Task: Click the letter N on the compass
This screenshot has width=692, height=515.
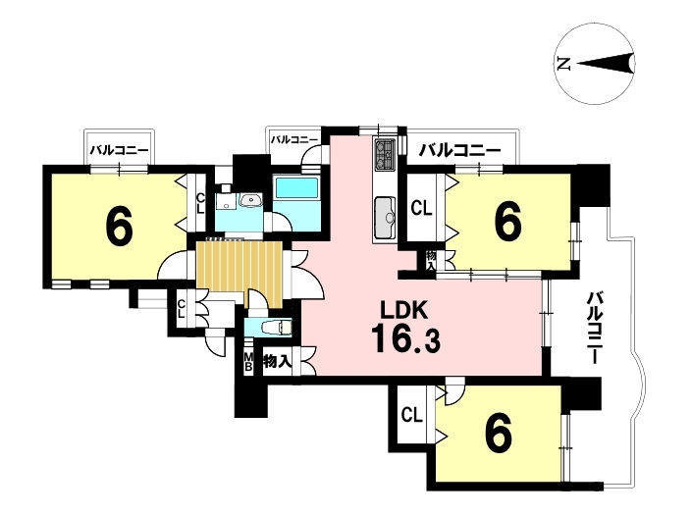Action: click(x=563, y=65)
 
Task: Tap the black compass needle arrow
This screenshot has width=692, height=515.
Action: click(x=606, y=64)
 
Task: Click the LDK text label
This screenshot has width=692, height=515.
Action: click(x=404, y=311)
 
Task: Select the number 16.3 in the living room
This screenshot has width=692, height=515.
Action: click(x=405, y=338)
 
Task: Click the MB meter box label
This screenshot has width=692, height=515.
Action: click(x=248, y=361)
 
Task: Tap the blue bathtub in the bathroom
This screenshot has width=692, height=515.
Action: click(x=295, y=187)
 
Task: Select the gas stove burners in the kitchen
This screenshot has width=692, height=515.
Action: click(x=385, y=155)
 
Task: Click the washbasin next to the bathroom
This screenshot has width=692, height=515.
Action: click(x=250, y=200)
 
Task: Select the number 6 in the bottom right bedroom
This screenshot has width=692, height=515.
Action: click(x=499, y=432)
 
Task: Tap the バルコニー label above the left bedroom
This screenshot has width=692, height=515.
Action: click(x=119, y=150)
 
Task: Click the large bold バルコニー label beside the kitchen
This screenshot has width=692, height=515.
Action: click(x=459, y=151)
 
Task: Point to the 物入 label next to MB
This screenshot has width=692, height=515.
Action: click(x=277, y=362)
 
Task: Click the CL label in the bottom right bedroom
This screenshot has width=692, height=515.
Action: click(x=412, y=415)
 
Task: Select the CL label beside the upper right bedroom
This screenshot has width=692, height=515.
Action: click(x=421, y=208)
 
